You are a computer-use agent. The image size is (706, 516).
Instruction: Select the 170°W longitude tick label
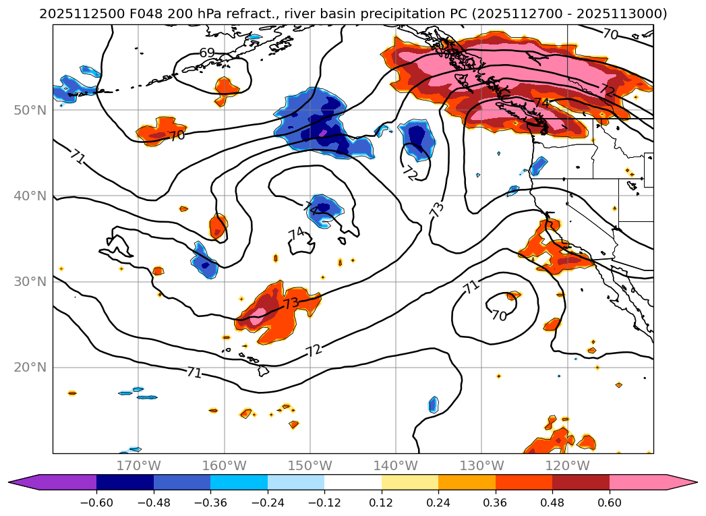138,465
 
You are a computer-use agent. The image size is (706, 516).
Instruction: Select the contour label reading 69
207,53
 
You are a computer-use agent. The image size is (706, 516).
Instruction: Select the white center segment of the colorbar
353,482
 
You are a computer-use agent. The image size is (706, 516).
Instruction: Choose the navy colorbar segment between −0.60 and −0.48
125,482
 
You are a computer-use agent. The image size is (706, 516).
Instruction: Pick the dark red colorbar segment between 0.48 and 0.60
581,482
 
